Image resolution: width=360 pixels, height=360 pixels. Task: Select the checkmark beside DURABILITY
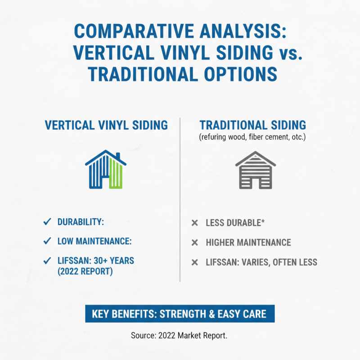point(46,221)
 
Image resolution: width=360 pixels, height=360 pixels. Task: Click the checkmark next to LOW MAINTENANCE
point(46,241)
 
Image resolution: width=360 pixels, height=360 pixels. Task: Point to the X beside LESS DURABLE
point(195,223)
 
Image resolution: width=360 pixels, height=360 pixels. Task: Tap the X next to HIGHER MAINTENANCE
point(195,243)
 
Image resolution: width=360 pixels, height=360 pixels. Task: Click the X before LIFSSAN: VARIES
point(195,262)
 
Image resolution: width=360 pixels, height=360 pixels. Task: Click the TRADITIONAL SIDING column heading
point(252,125)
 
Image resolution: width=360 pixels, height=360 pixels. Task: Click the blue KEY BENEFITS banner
point(180,314)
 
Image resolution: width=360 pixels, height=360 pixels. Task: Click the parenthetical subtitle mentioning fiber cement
point(252,136)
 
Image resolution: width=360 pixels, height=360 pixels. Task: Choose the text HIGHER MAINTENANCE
point(248,243)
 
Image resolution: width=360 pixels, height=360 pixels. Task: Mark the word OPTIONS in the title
point(238,72)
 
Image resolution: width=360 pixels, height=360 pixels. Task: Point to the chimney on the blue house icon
point(118,156)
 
